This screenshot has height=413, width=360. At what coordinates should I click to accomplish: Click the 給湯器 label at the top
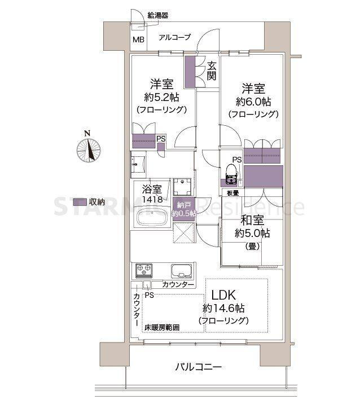coord(157,15)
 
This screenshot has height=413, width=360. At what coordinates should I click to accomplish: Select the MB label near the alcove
coord(138,39)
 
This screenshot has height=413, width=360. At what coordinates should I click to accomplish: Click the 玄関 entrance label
coord(211,71)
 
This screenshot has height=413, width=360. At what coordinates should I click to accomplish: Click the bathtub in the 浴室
coord(151,218)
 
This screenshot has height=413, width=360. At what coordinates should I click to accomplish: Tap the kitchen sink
coord(181,270)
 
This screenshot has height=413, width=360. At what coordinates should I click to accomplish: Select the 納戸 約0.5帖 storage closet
coord(185,209)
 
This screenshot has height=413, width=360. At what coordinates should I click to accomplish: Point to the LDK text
coord(227,295)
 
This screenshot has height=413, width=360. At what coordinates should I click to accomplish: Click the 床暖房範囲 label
coord(161,327)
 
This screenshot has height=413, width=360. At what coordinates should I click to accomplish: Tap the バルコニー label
coord(197,367)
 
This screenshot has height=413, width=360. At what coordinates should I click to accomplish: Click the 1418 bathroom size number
coord(152,199)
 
